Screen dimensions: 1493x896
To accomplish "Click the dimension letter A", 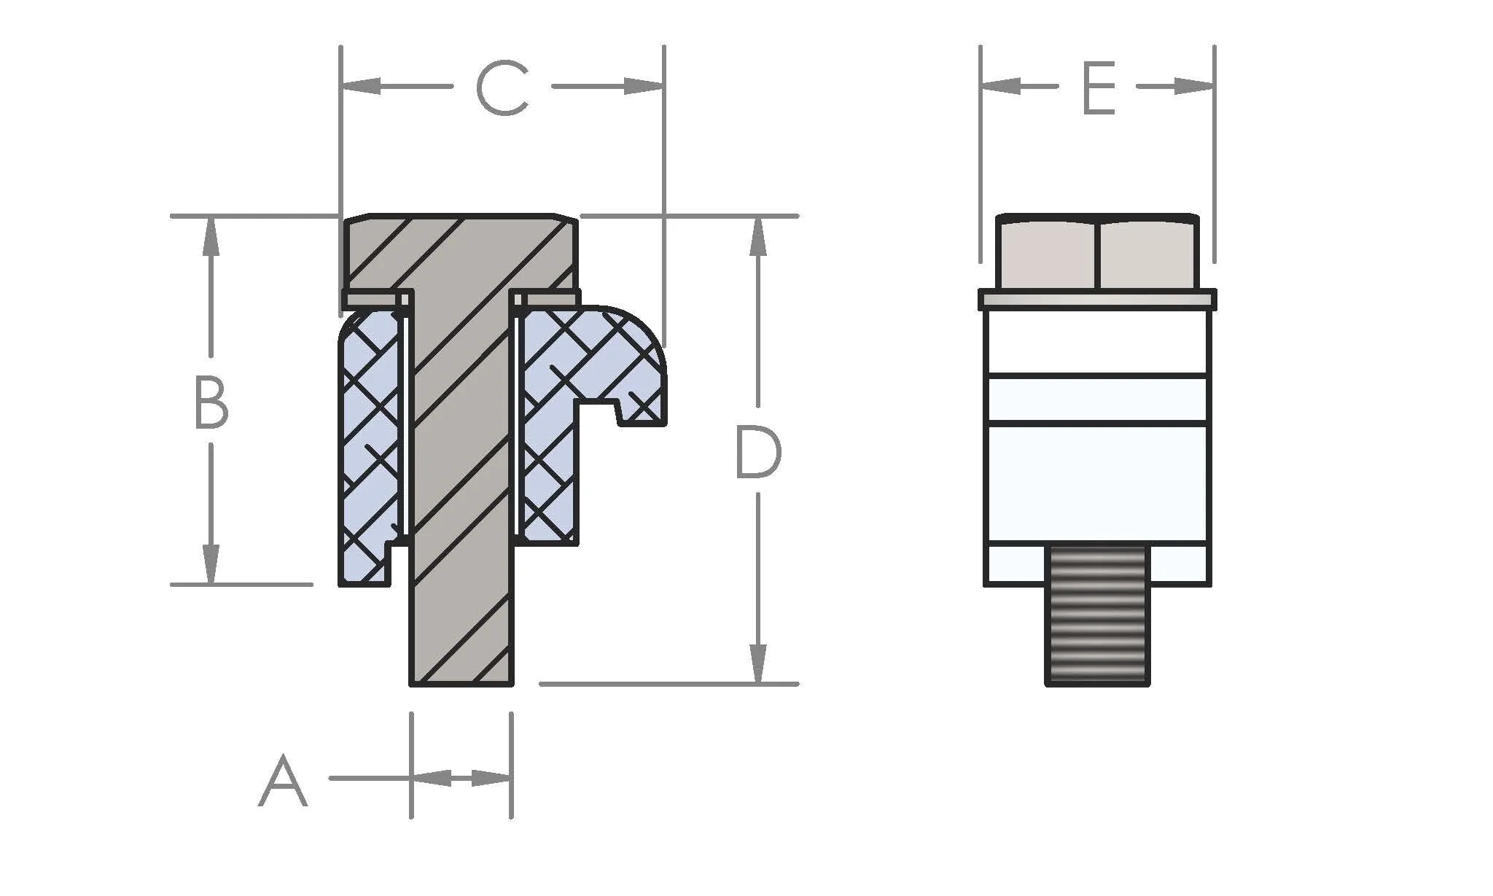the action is point(283,782).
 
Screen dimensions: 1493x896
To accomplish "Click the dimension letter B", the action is point(211,402).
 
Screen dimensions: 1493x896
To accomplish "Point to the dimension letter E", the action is point(1099,89).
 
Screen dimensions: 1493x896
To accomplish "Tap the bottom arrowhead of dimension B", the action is point(211,565).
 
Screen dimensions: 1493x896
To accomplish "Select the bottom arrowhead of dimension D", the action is point(758,664).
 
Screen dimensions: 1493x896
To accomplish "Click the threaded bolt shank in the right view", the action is point(1097,616).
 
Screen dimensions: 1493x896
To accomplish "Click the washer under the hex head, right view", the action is point(1097,300).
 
